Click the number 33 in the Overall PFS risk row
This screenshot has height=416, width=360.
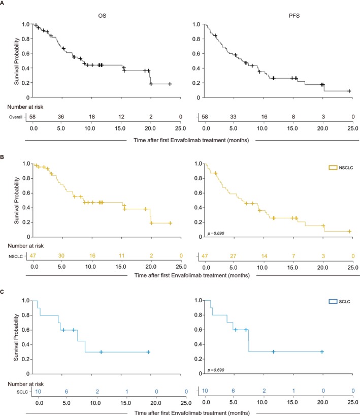click(x=233, y=116)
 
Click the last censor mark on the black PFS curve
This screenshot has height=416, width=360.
click(x=349, y=91)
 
